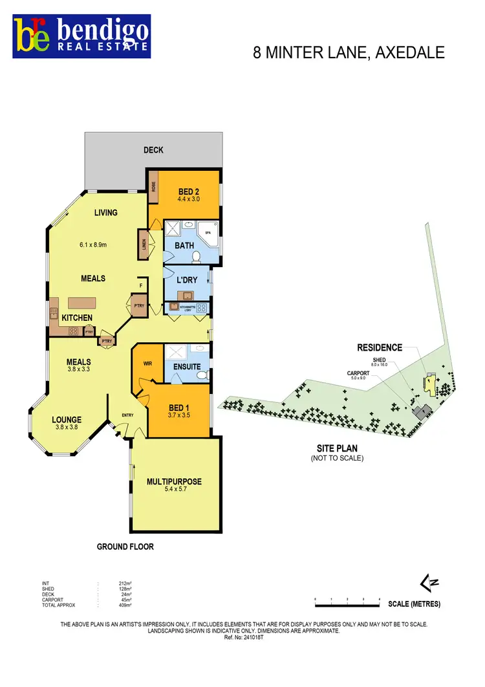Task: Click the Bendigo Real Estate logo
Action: [82, 36]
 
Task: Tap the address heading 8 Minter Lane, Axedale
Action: [349, 52]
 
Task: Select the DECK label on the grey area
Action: [153, 150]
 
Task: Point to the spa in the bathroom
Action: [210, 232]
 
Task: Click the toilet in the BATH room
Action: [196, 257]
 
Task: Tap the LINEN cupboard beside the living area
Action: [144, 244]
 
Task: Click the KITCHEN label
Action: [76, 318]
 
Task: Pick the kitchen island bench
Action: [85, 303]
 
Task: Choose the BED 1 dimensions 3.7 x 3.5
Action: [178, 415]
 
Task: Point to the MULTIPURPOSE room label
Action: [174, 481]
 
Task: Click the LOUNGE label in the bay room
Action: [67, 419]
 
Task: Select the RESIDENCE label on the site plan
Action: [380, 347]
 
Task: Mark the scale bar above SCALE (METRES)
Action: [347, 601]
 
